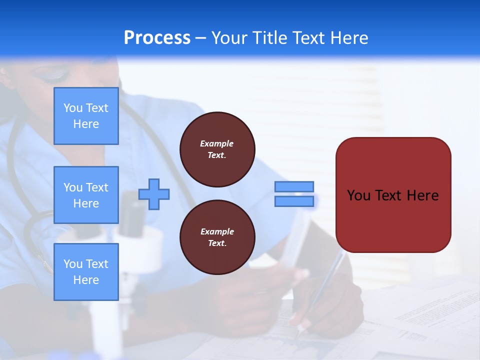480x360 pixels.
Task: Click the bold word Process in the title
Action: (157, 38)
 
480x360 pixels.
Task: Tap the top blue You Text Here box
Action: (86, 116)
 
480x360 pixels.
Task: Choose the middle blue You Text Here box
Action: (86, 195)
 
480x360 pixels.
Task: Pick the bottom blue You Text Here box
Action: (86, 271)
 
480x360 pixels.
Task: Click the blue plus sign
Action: (154, 194)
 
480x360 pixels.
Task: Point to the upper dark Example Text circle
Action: (217, 149)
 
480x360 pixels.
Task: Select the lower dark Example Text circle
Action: (217, 237)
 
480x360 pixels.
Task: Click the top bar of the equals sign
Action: (294, 186)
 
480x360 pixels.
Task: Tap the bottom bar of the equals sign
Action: (294, 201)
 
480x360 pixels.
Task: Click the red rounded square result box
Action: (393, 220)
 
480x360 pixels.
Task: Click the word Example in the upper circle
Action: (216, 143)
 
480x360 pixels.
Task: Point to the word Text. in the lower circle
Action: (217, 243)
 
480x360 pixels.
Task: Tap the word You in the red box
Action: (359, 195)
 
